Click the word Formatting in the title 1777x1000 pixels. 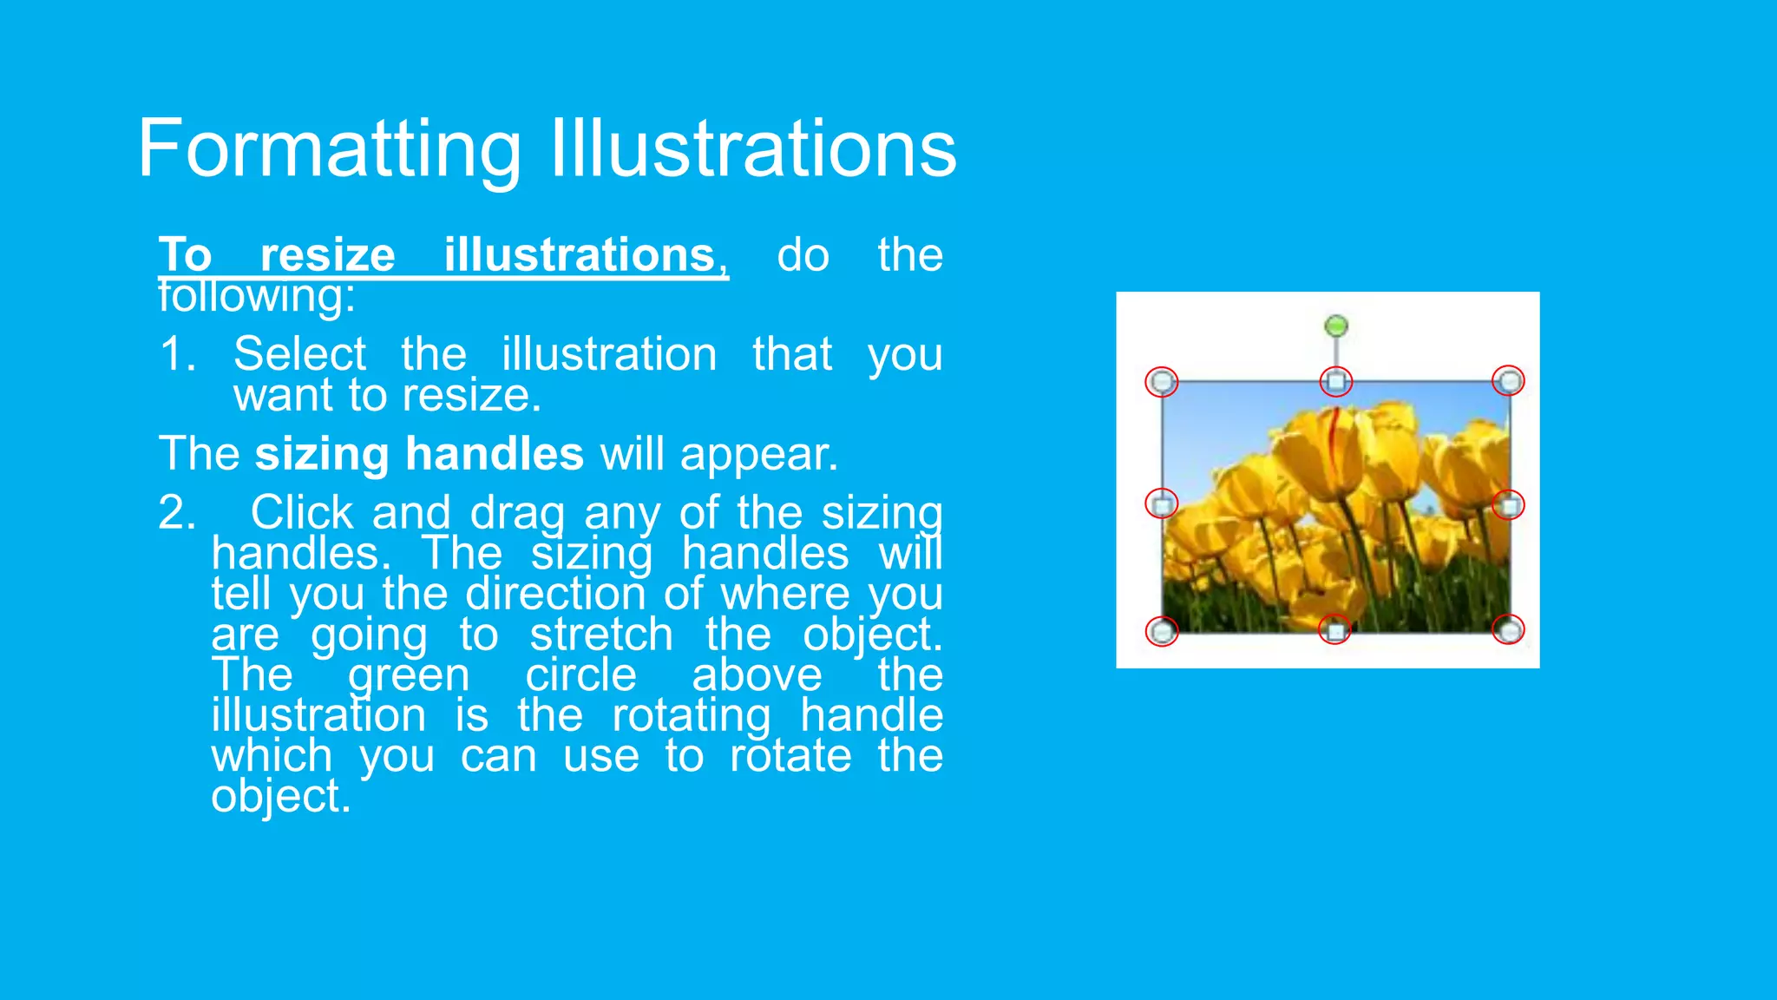pyautogui.click(x=330, y=149)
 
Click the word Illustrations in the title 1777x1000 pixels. pyautogui.click(x=753, y=149)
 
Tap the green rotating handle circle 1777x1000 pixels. pyautogui.click(x=1336, y=326)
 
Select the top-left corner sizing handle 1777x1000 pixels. pyautogui.click(x=1162, y=381)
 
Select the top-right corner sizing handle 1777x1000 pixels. pyautogui.click(x=1510, y=380)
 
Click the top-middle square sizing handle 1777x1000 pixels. pyautogui.click(x=1336, y=381)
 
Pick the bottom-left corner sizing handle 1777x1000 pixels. pyautogui.click(x=1162, y=631)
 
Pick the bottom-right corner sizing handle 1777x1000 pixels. pyautogui.click(x=1510, y=629)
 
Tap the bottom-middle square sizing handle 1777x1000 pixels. pyautogui.click(x=1335, y=630)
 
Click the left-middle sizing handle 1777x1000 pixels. pyautogui.click(x=1162, y=503)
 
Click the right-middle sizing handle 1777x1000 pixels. pyautogui.click(x=1510, y=504)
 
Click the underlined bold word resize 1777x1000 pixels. pyautogui.click(x=327, y=255)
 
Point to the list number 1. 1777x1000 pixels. pyautogui.click(x=177, y=354)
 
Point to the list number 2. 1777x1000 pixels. pyautogui.click(x=176, y=513)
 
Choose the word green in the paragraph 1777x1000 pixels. pyautogui.click(x=408, y=675)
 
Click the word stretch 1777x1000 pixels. pyautogui.click(x=601, y=635)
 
